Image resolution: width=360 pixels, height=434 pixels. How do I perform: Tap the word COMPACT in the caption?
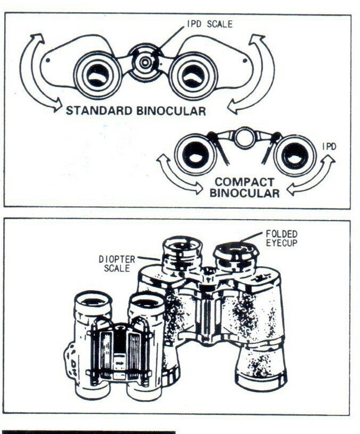pyautogui.click(x=244, y=182)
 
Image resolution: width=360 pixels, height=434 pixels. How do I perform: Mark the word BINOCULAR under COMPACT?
pyautogui.click(x=244, y=194)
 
